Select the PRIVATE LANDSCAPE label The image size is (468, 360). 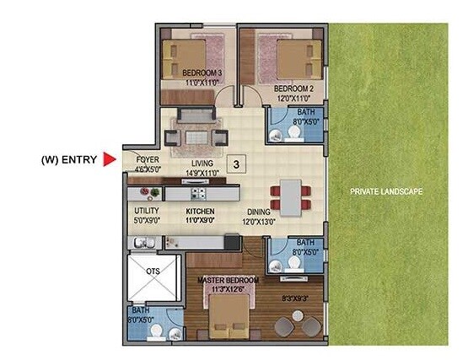coord(386,193)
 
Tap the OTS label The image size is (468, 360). coord(153,271)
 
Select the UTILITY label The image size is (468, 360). coord(147,212)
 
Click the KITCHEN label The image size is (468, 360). coord(200,212)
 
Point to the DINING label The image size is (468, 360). coord(259,212)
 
